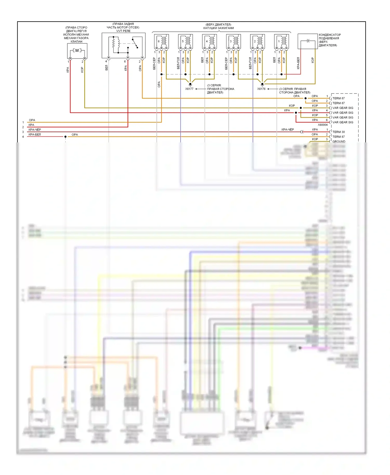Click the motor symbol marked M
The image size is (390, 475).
click(77, 50)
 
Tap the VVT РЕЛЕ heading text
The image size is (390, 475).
click(123, 31)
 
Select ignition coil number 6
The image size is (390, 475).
click(161, 41)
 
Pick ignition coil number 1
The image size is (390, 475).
click(282, 41)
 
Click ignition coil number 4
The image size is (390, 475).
click(210, 41)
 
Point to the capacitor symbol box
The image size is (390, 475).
click(308, 41)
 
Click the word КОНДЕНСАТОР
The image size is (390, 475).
click(330, 35)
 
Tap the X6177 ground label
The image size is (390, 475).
click(189, 89)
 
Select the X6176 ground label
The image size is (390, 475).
click(261, 89)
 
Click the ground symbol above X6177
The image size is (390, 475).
click(190, 84)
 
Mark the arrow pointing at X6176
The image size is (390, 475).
click(271, 89)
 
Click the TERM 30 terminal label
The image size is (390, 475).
click(339, 132)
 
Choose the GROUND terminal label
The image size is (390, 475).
click(339, 141)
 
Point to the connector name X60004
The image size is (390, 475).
click(323, 125)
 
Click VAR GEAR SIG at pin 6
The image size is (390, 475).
click(343, 122)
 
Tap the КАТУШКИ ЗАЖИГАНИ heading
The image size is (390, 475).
click(218, 28)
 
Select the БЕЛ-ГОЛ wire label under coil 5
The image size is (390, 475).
click(178, 63)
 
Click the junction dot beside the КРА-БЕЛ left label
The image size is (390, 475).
click(66, 137)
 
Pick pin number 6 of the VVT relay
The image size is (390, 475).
click(125, 62)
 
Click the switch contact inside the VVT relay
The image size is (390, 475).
click(135, 43)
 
